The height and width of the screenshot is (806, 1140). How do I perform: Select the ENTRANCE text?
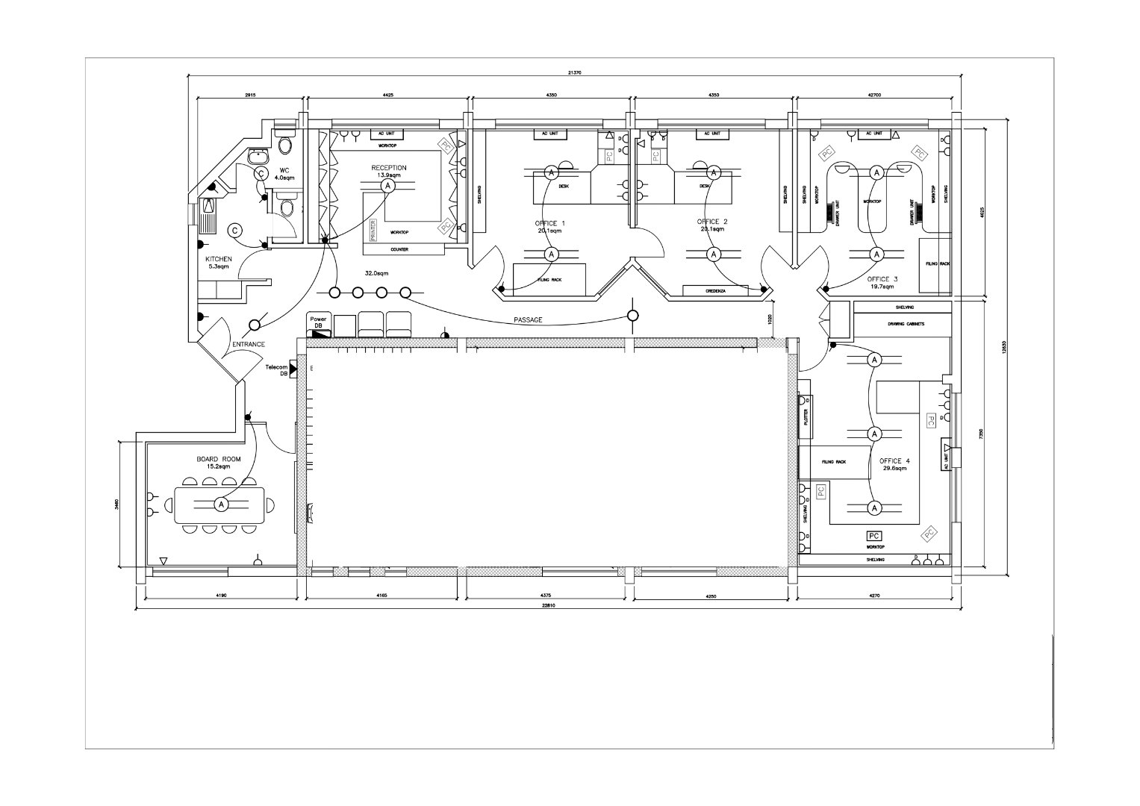pos(249,344)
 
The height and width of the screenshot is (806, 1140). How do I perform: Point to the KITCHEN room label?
pos(219,259)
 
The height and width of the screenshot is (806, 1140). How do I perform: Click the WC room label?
pos(284,170)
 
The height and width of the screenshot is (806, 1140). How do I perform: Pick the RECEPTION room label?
pos(389,168)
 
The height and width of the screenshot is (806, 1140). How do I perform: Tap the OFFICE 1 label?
pos(549,224)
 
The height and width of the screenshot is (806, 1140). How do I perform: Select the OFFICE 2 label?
pos(712,222)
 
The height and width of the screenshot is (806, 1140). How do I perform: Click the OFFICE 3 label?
pos(882,279)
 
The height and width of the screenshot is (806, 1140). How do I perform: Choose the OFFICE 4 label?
pos(895,461)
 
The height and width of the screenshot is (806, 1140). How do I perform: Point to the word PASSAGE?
pos(528,320)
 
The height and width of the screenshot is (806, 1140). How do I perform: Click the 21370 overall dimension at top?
pos(574,72)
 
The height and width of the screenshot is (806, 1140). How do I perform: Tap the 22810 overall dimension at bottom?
pos(549,606)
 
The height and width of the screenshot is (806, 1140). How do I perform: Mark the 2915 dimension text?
pos(250,95)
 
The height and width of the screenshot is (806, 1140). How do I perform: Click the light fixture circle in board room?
pos(221,505)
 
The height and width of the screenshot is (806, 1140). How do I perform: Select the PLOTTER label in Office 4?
pos(806,416)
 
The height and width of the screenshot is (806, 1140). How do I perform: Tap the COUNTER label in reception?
pos(399,250)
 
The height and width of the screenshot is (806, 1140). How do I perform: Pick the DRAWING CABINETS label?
pos(906,324)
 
